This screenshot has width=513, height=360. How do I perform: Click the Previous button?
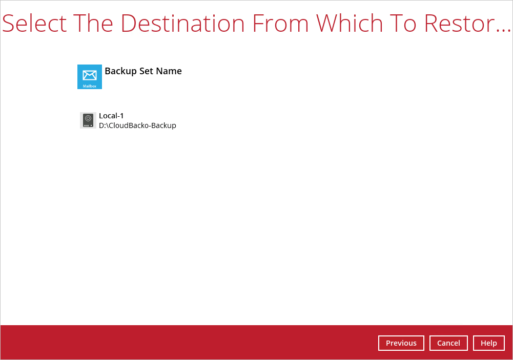(x=401, y=343)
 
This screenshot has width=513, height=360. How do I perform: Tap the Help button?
(x=489, y=343)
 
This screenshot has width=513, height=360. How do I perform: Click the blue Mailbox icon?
(x=90, y=77)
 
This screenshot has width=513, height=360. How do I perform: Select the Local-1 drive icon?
(x=88, y=120)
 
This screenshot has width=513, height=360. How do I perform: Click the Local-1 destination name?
(x=111, y=116)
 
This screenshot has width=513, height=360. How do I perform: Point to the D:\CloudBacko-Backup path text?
(x=137, y=125)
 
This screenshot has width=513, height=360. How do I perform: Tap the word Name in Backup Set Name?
(x=169, y=71)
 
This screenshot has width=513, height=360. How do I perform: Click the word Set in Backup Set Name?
(x=146, y=71)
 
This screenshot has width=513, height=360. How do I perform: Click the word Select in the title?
(x=34, y=24)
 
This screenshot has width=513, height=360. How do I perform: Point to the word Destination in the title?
(x=182, y=24)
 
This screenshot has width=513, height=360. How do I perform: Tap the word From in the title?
(x=280, y=24)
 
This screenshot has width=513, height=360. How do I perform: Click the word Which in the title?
(x=350, y=24)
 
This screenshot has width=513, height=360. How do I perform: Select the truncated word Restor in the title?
(x=459, y=24)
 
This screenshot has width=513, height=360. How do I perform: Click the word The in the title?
(x=93, y=24)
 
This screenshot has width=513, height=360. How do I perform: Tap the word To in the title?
(x=403, y=24)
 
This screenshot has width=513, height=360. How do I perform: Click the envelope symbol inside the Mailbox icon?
(x=90, y=75)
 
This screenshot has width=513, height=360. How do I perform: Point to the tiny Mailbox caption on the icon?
(x=90, y=87)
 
